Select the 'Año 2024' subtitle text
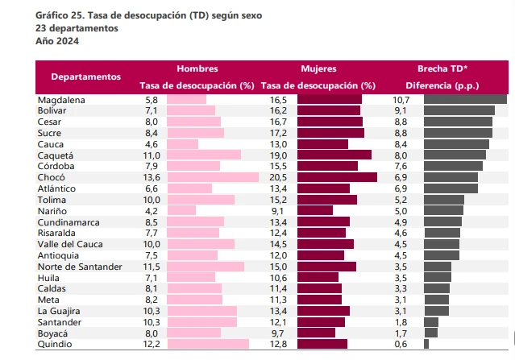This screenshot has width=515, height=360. (57, 40)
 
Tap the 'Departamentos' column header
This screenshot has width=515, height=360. (85, 77)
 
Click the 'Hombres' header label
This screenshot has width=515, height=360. (197, 69)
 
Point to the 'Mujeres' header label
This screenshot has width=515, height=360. (318, 69)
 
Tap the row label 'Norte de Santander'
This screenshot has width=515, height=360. (80, 266)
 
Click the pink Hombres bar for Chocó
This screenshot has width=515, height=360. (213, 176)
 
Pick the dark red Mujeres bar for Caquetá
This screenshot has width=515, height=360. (334, 155)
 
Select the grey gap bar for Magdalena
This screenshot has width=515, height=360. (465, 99)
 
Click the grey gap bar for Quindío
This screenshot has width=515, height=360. (426, 344)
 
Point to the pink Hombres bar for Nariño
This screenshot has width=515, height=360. (181, 210)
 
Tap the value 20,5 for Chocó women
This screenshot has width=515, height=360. (278, 176)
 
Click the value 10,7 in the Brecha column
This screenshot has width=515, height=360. (401, 99)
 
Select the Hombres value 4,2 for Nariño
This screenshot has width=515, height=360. (152, 210)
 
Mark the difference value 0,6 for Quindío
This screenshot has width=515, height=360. (401, 344)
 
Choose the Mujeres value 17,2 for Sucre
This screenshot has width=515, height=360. (278, 132)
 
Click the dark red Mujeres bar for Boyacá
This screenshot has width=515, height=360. (317, 333)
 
